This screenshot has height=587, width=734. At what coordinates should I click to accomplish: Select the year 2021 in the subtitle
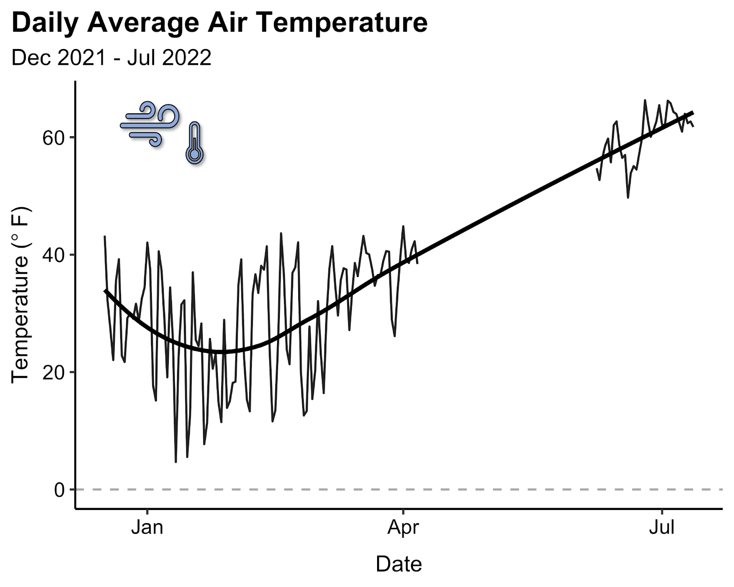pos(82,57)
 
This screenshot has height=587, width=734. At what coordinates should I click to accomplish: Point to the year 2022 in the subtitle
pos(187,57)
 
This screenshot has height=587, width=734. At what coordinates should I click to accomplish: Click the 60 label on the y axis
pos(54,138)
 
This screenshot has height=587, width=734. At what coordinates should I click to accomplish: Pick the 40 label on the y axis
pos(54,255)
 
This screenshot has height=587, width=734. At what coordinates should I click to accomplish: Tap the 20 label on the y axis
pos(54,373)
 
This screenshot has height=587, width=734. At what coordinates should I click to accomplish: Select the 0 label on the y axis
pos(59,490)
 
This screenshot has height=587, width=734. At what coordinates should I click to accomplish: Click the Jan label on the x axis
pos(147,528)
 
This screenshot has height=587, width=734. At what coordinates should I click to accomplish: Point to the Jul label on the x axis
pos(662,528)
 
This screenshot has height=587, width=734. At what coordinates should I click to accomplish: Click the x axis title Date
pos(399,564)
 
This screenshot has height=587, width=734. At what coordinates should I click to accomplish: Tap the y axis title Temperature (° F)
pos(21,295)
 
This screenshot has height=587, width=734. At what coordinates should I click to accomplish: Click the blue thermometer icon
pos(195,143)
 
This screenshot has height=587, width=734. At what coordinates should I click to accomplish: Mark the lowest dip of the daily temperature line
pos(176,462)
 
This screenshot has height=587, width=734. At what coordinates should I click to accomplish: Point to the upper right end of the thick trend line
pos(693,112)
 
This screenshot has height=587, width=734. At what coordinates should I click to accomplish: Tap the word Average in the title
pos(143,23)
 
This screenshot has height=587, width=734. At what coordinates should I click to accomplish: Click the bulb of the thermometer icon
pos(195,155)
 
